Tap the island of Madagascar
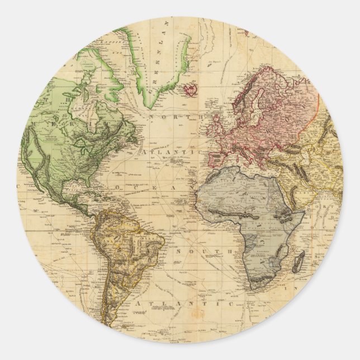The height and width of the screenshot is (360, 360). point(300,261)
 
